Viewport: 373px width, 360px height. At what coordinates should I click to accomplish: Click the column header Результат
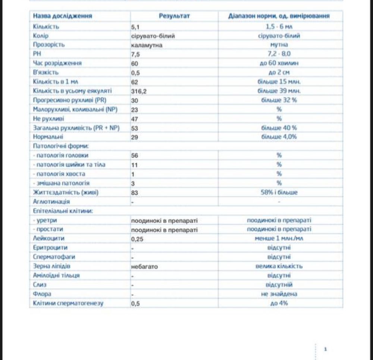click(x=174, y=16)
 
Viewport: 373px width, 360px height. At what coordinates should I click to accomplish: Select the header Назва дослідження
click(x=62, y=16)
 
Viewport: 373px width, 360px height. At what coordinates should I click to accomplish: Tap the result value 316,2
click(x=138, y=91)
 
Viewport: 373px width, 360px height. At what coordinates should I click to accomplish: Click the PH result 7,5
click(x=135, y=54)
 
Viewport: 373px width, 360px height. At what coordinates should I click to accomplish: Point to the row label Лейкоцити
click(x=46, y=238)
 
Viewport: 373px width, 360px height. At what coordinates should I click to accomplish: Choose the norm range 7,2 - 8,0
click(x=279, y=54)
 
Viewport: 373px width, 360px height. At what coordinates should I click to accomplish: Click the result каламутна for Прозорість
click(x=147, y=45)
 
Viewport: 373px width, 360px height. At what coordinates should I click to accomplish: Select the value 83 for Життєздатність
click(x=135, y=192)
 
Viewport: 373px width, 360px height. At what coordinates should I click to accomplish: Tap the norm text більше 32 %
click(x=279, y=100)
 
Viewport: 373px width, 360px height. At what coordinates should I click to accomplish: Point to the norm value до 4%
click(x=279, y=303)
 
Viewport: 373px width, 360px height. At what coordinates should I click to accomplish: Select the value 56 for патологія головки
click(x=135, y=156)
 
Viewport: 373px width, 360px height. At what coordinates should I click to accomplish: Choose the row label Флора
click(x=42, y=294)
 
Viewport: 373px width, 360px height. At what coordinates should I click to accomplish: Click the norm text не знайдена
click(x=279, y=294)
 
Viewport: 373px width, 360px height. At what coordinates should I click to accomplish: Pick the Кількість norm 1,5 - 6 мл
click(x=279, y=27)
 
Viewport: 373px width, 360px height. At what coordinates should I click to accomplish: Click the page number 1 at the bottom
click(x=326, y=349)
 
